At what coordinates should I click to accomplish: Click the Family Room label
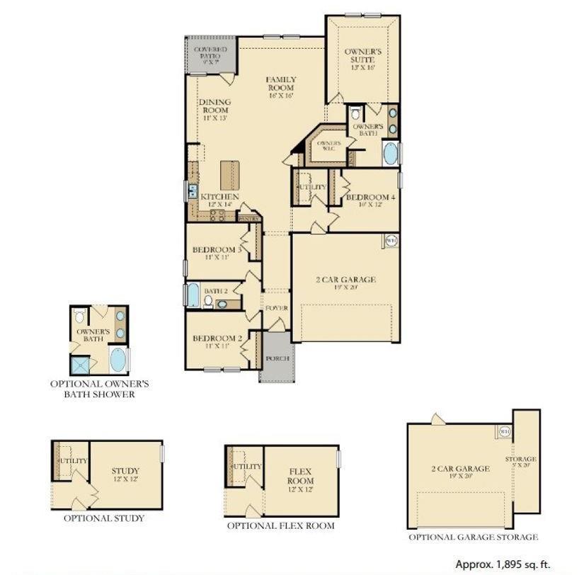(x=281, y=87)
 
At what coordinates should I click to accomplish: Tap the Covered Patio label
(x=210, y=56)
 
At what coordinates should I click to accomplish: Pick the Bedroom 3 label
(x=217, y=253)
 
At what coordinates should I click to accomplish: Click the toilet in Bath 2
(x=208, y=302)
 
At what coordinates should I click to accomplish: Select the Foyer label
(x=276, y=309)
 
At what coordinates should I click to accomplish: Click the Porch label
(x=277, y=358)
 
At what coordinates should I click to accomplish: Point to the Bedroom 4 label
(x=370, y=200)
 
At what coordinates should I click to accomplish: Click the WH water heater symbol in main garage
(x=390, y=241)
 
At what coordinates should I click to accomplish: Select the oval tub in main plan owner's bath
(x=390, y=153)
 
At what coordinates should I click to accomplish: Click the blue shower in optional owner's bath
(x=81, y=363)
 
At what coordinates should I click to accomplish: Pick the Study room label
(x=125, y=474)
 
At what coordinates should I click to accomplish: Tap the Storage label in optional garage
(x=520, y=463)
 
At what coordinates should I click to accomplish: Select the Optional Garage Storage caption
(x=472, y=537)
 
